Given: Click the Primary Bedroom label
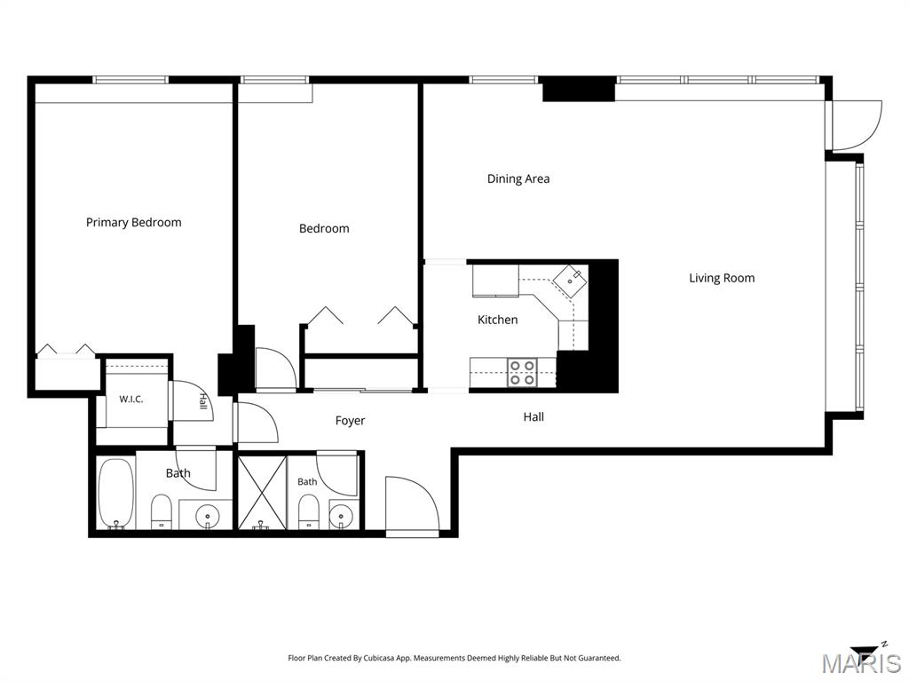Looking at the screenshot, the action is click(133, 223).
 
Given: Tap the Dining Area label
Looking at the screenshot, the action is click(518, 178).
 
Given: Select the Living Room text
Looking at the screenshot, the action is click(722, 278).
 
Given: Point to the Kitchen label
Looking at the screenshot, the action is click(497, 320).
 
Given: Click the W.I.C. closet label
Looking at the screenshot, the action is click(131, 399).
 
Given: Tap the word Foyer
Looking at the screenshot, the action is click(350, 421).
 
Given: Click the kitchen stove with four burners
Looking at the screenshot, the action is click(522, 372).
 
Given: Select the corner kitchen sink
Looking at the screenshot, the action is click(569, 281).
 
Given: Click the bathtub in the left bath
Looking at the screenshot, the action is click(116, 494).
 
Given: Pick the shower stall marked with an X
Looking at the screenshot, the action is click(263, 493).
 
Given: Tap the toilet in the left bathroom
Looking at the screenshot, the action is click(162, 511).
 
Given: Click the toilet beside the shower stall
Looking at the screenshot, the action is click(308, 511).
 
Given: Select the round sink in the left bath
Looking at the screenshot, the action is click(207, 515).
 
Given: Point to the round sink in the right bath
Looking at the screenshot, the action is click(340, 515).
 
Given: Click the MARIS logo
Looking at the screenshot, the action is click(861, 660).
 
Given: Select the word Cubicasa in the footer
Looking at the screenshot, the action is click(379, 658).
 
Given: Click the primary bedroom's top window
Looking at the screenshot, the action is click(130, 80).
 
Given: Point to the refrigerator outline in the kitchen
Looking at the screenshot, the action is click(495, 281).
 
